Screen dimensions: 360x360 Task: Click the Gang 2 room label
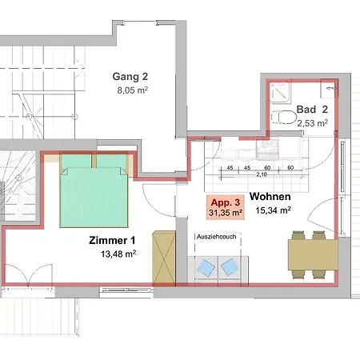[130, 77]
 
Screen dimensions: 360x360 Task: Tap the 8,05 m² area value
[133, 90]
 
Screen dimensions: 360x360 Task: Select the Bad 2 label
[312, 110]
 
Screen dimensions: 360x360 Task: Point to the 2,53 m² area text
[313, 123]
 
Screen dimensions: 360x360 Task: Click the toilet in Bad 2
[284, 117]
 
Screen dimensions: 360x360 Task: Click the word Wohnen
[270, 197]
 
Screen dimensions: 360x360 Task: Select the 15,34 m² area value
[273, 210]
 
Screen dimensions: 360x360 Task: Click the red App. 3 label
[226, 202]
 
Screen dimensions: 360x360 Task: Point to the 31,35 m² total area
[226, 213]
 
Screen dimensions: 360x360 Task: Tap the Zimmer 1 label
[112, 240]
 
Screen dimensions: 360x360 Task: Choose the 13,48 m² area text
[118, 254]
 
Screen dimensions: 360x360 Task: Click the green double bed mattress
[94, 197]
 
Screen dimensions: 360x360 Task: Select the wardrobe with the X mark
[164, 258]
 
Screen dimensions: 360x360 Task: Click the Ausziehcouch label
[217, 237]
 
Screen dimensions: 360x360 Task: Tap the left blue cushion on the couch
[206, 267]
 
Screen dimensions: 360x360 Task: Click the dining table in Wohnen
[313, 255]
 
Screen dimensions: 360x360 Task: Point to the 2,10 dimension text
[262, 174]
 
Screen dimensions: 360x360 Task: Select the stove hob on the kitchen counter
[267, 149]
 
